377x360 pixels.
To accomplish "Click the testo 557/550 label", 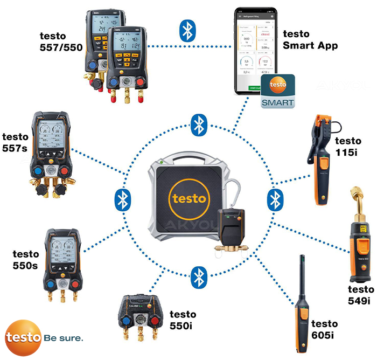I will pos(61,40).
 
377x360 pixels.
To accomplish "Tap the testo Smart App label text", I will pos(310,39).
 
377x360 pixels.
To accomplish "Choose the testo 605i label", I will pos(324,329).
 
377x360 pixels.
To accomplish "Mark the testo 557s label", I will pos(16,143).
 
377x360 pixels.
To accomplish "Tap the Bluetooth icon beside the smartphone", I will pos(187,31).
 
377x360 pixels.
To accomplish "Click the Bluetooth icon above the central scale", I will pos(199,126).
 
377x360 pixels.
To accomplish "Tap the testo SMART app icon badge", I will pos(277,92).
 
